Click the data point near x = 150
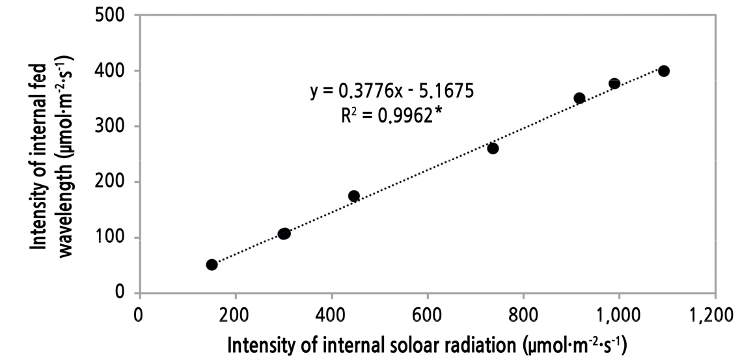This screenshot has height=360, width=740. [x=212, y=264]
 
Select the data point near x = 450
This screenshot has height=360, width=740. [x=354, y=196]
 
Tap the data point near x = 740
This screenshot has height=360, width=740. [x=493, y=148]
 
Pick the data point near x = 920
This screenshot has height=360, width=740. [x=579, y=98]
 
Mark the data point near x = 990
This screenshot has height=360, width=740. [x=614, y=83]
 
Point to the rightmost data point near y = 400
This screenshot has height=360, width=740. [x=664, y=71]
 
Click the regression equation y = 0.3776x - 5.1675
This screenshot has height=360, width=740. [x=392, y=91]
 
